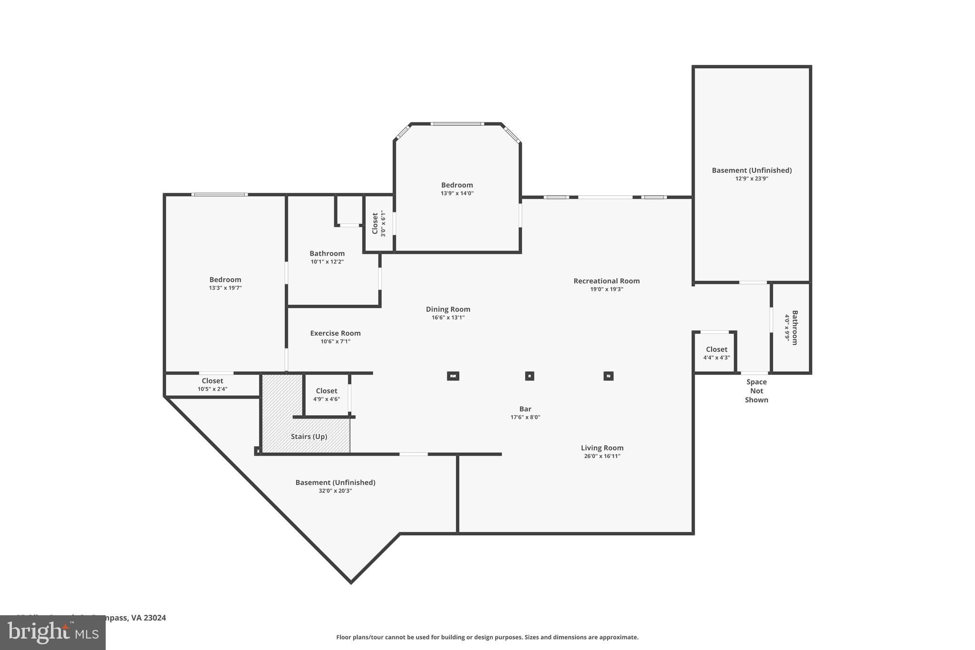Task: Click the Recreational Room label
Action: tap(606, 281)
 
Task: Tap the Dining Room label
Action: tap(448, 310)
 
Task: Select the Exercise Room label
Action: tap(335, 333)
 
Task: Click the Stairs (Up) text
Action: tap(308, 437)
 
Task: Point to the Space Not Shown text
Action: tap(756, 391)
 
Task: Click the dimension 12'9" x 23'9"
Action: tap(751, 179)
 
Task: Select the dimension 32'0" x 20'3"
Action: tap(335, 491)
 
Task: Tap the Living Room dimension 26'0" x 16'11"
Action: tap(602, 456)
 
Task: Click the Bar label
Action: tap(525, 409)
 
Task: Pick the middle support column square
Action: tap(529, 376)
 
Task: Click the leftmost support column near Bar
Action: tap(453, 376)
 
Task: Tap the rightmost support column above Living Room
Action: tap(608, 376)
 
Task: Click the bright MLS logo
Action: tap(52, 632)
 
